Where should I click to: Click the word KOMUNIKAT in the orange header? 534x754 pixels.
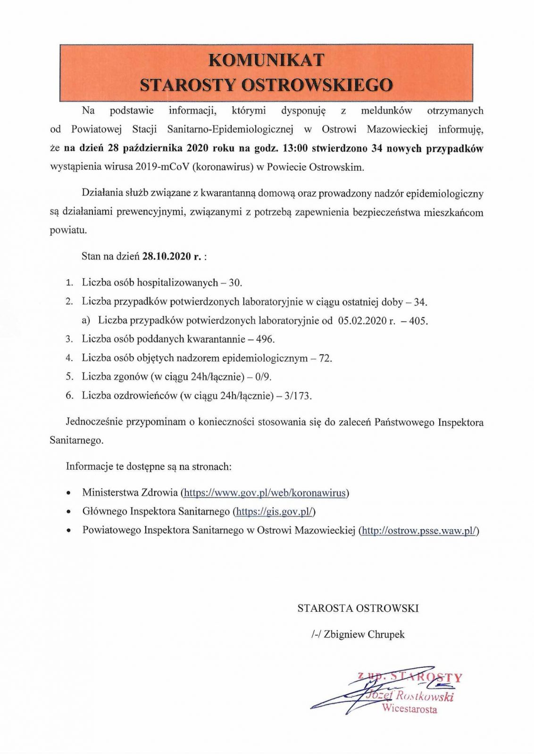[x=266, y=60]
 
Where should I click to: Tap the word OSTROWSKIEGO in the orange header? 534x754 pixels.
[x=317, y=85]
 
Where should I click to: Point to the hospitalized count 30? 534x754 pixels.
[x=234, y=283]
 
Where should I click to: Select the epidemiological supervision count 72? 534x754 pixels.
[x=325, y=358]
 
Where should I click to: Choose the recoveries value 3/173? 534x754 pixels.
[x=297, y=395]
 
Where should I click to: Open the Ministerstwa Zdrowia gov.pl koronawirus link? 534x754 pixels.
[x=265, y=493]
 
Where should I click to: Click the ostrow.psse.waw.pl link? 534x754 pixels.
[x=419, y=530]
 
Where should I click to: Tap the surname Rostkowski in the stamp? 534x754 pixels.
[x=424, y=696]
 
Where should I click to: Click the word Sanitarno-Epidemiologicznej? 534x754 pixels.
[x=230, y=129]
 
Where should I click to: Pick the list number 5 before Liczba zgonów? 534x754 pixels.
[x=69, y=377]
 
